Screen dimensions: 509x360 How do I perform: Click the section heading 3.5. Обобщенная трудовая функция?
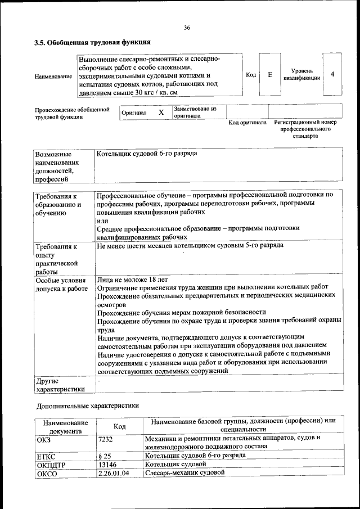point(92,42)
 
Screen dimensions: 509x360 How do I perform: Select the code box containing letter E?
point(270,74)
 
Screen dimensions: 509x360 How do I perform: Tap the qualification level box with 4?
point(332,74)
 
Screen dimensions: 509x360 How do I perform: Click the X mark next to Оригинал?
point(161,112)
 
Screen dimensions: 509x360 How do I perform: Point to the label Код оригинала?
point(247,123)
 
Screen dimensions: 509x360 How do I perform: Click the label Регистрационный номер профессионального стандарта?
point(305,129)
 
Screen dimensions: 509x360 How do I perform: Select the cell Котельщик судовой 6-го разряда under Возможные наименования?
point(147,153)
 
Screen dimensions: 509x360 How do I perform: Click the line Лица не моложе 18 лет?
point(132,280)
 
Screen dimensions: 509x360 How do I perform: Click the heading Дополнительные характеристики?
point(87,405)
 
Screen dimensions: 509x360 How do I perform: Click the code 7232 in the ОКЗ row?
point(105,438)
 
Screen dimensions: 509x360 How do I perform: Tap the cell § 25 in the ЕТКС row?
point(104,456)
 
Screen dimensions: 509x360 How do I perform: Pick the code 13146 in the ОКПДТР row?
point(107,464)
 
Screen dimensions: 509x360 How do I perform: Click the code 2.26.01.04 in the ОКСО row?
point(113,473)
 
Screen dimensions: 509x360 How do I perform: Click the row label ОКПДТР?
point(51,465)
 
